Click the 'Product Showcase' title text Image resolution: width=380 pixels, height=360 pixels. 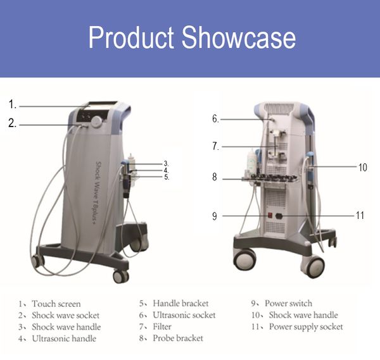191,38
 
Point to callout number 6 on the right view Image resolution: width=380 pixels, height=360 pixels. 216,118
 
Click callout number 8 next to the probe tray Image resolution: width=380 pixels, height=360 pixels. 215,178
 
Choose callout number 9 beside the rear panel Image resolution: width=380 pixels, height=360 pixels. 215,216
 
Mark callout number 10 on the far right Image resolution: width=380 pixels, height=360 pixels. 362,168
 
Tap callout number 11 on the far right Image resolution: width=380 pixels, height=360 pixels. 360,216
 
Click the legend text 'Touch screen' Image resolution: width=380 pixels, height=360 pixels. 56,304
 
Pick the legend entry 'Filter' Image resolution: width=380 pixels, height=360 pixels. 162,326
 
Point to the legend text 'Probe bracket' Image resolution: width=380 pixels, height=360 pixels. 178,338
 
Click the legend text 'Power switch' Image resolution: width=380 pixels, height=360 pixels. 288,303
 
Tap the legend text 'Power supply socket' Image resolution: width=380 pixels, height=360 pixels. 306,326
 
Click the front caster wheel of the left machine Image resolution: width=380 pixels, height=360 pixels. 120,276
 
